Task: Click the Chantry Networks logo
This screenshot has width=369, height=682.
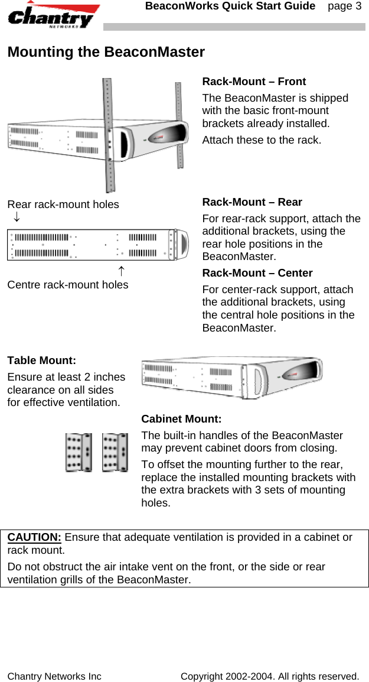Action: pos(53,15)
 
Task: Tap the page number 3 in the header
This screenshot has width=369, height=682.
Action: pos(345,7)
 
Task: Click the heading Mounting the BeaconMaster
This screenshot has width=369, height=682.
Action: pos(106,52)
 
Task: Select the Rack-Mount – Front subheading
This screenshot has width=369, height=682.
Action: pos(254,82)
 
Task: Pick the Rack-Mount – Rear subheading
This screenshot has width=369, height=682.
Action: pos(252,202)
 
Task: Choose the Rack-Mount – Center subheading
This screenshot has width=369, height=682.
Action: pos(257,273)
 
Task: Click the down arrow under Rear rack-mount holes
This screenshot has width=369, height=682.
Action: pos(17,218)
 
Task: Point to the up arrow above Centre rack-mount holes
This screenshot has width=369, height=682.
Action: pos(120,271)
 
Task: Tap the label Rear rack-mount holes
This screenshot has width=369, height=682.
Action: pos(63,204)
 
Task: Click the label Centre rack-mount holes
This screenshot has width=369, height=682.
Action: pos(68,285)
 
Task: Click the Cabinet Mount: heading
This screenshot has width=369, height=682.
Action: pos(181,420)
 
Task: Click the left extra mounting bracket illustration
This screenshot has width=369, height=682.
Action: pos(79,453)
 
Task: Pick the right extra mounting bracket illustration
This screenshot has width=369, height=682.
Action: pos(115,453)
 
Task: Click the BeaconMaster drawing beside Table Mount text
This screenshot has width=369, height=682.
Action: pos(233,377)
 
